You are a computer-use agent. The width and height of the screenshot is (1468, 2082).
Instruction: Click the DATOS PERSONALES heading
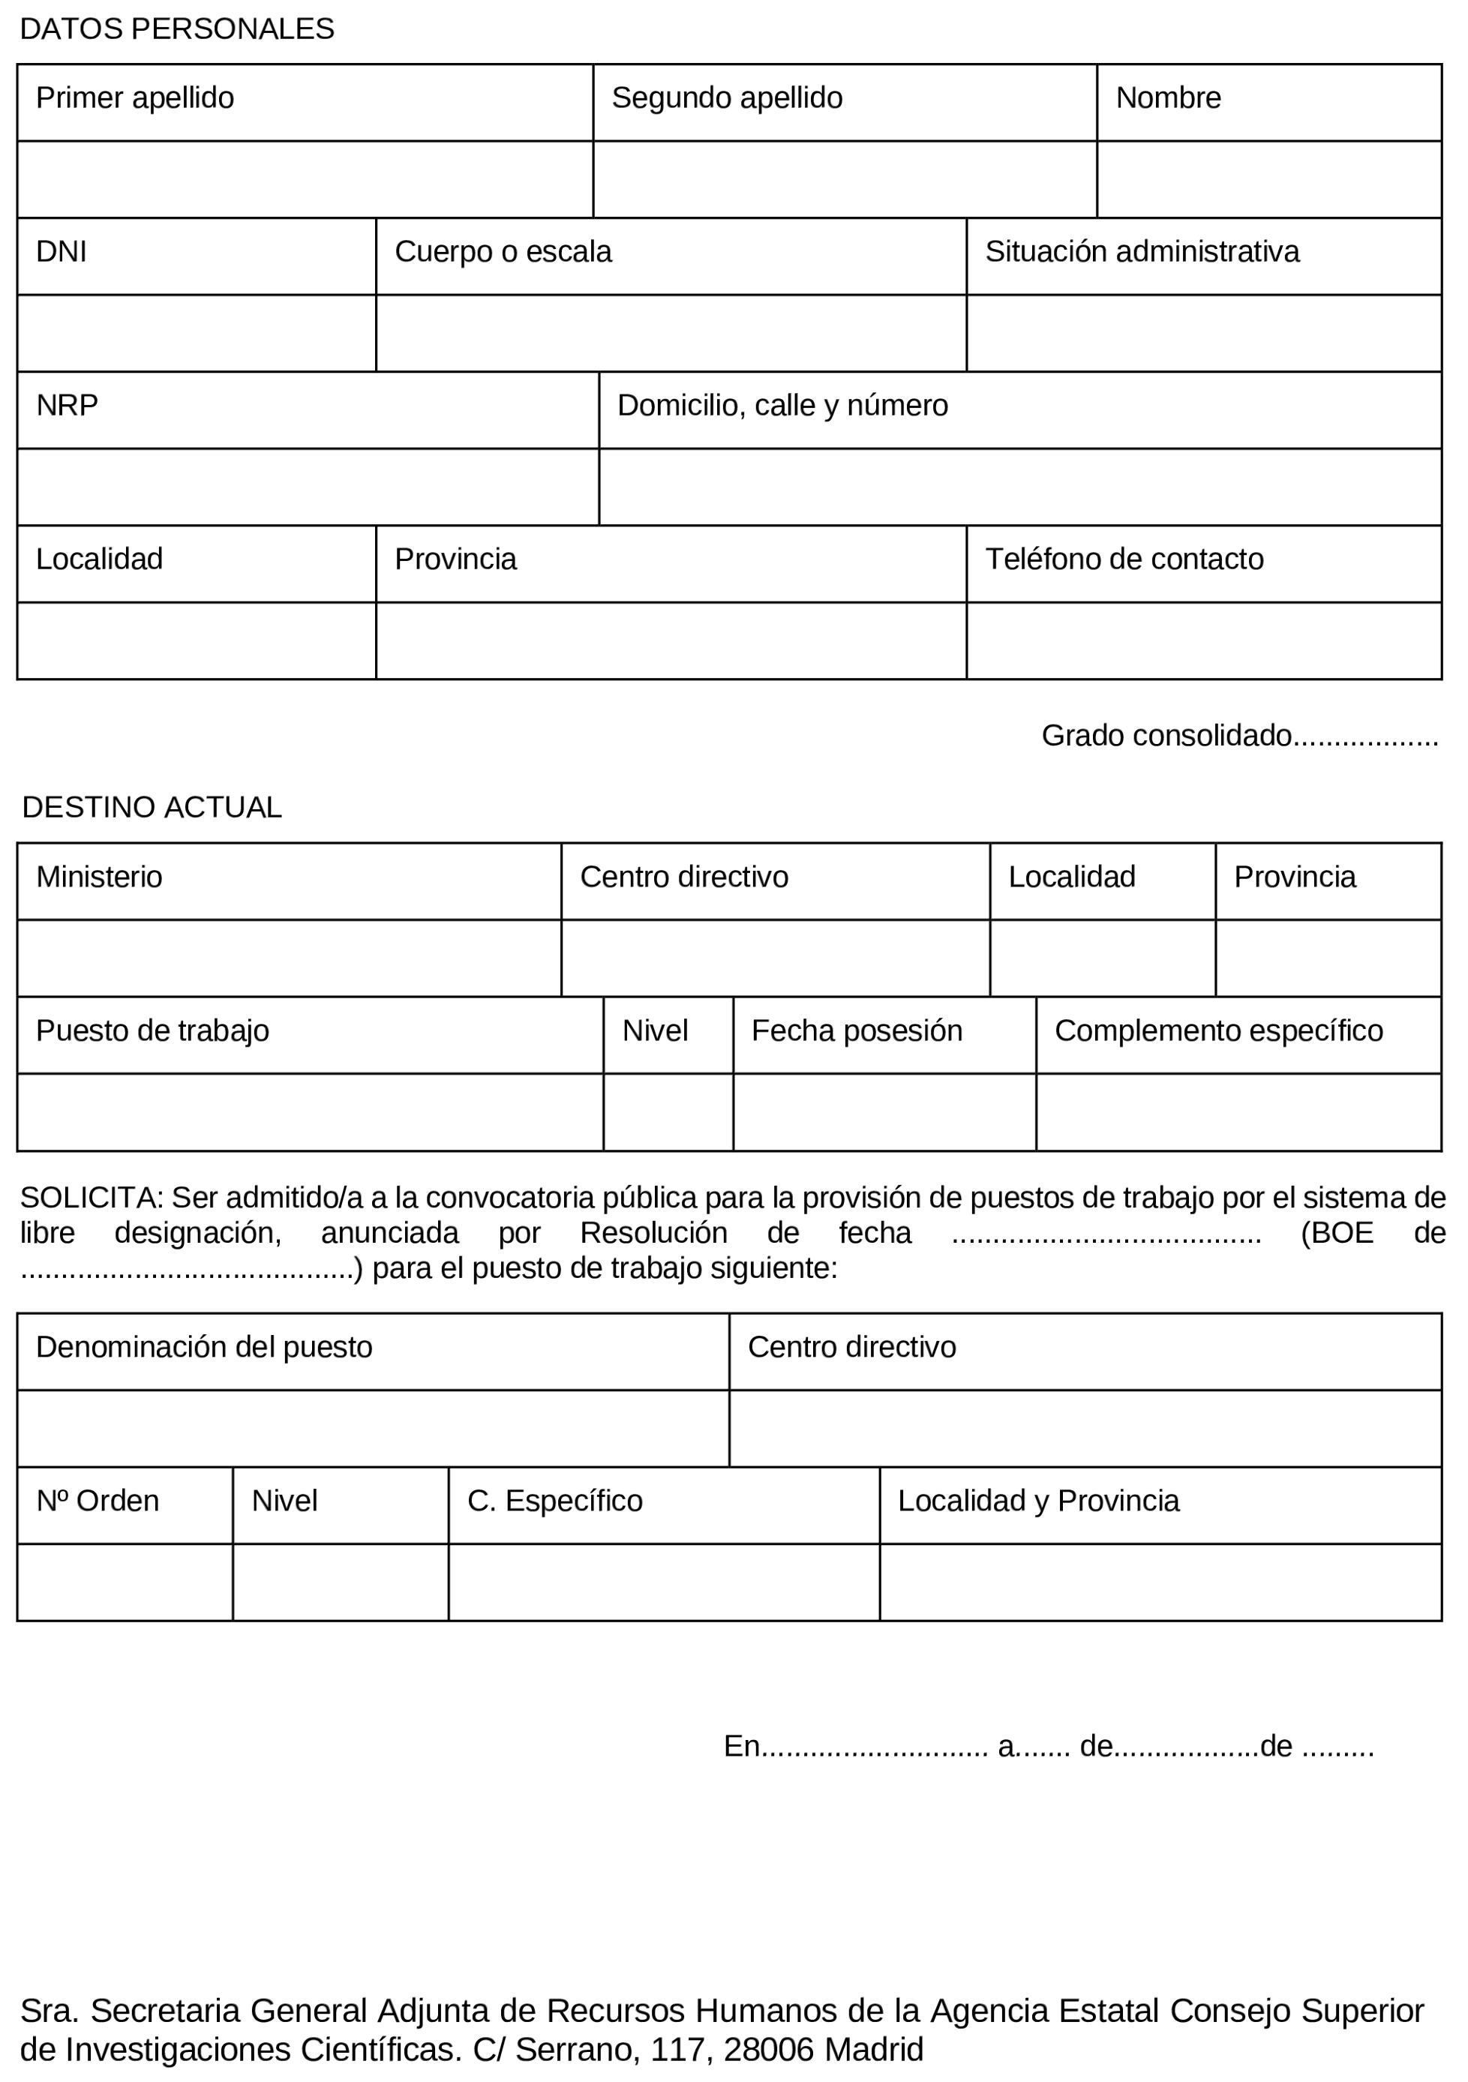(177, 29)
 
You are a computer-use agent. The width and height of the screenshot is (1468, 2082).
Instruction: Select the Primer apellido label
(134, 98)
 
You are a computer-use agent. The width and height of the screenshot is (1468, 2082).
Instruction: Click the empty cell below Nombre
(1268, 179)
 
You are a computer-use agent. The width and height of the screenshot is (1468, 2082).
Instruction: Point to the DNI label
(61, 251)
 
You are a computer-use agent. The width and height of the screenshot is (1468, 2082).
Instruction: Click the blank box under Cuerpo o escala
(670, 333)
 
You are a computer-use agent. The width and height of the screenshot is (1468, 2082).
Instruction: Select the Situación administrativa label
(1142, 251)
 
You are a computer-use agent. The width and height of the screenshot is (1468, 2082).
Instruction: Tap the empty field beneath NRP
(308, 487)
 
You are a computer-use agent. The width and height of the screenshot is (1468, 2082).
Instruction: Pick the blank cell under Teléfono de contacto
(1203, 641)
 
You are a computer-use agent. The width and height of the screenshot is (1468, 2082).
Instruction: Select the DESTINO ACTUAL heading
(152, 807)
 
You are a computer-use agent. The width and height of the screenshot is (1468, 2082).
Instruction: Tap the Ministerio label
(99, 877)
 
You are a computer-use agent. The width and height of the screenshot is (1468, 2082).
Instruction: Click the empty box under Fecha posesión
(884, 1113)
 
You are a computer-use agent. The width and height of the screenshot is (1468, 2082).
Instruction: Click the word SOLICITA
(90, 1198)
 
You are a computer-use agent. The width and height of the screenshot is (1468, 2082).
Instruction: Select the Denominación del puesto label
(204, 1348)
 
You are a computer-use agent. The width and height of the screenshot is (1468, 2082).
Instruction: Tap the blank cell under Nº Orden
(125, 1582)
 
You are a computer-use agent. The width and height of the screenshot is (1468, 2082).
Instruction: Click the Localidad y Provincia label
(1038, 1501)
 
